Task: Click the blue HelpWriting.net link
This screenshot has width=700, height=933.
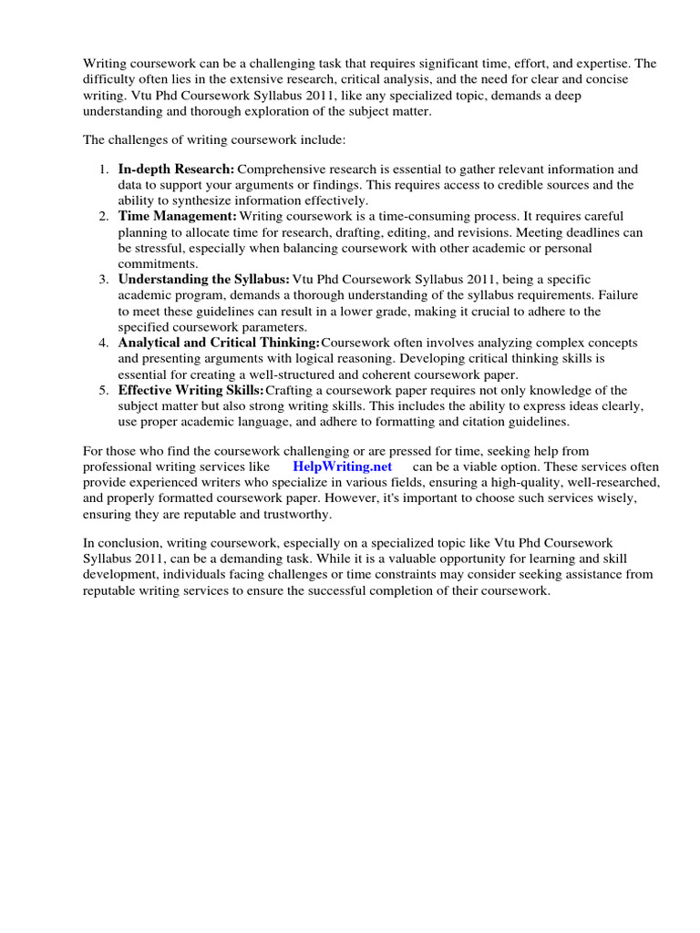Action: click(x=343, y=466)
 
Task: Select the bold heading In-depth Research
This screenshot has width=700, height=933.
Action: click(x=176, y=169)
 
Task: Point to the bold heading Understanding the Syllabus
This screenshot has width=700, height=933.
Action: click(x=203, y=280)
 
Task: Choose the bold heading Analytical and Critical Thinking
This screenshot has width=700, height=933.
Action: click(x=219, y=343)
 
